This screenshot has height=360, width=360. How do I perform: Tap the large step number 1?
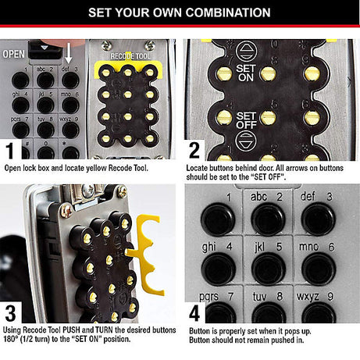(x=11, y=149)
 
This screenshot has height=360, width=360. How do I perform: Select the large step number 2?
(x=196, y=149)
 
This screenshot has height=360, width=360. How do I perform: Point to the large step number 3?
(x=11, y=312)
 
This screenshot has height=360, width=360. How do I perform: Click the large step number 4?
(x=196, y=312)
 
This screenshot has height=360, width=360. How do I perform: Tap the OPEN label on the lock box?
(x=15, y=54)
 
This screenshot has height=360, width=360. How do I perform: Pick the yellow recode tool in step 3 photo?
(x=148, y=254)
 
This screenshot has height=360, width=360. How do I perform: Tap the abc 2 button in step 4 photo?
(x=268, y=218)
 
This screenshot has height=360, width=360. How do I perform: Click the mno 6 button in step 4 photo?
(x=319, y=268)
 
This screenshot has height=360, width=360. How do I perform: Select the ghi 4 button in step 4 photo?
(x=218, y=268)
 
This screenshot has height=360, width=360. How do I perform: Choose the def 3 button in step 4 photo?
(x=319, y=218)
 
